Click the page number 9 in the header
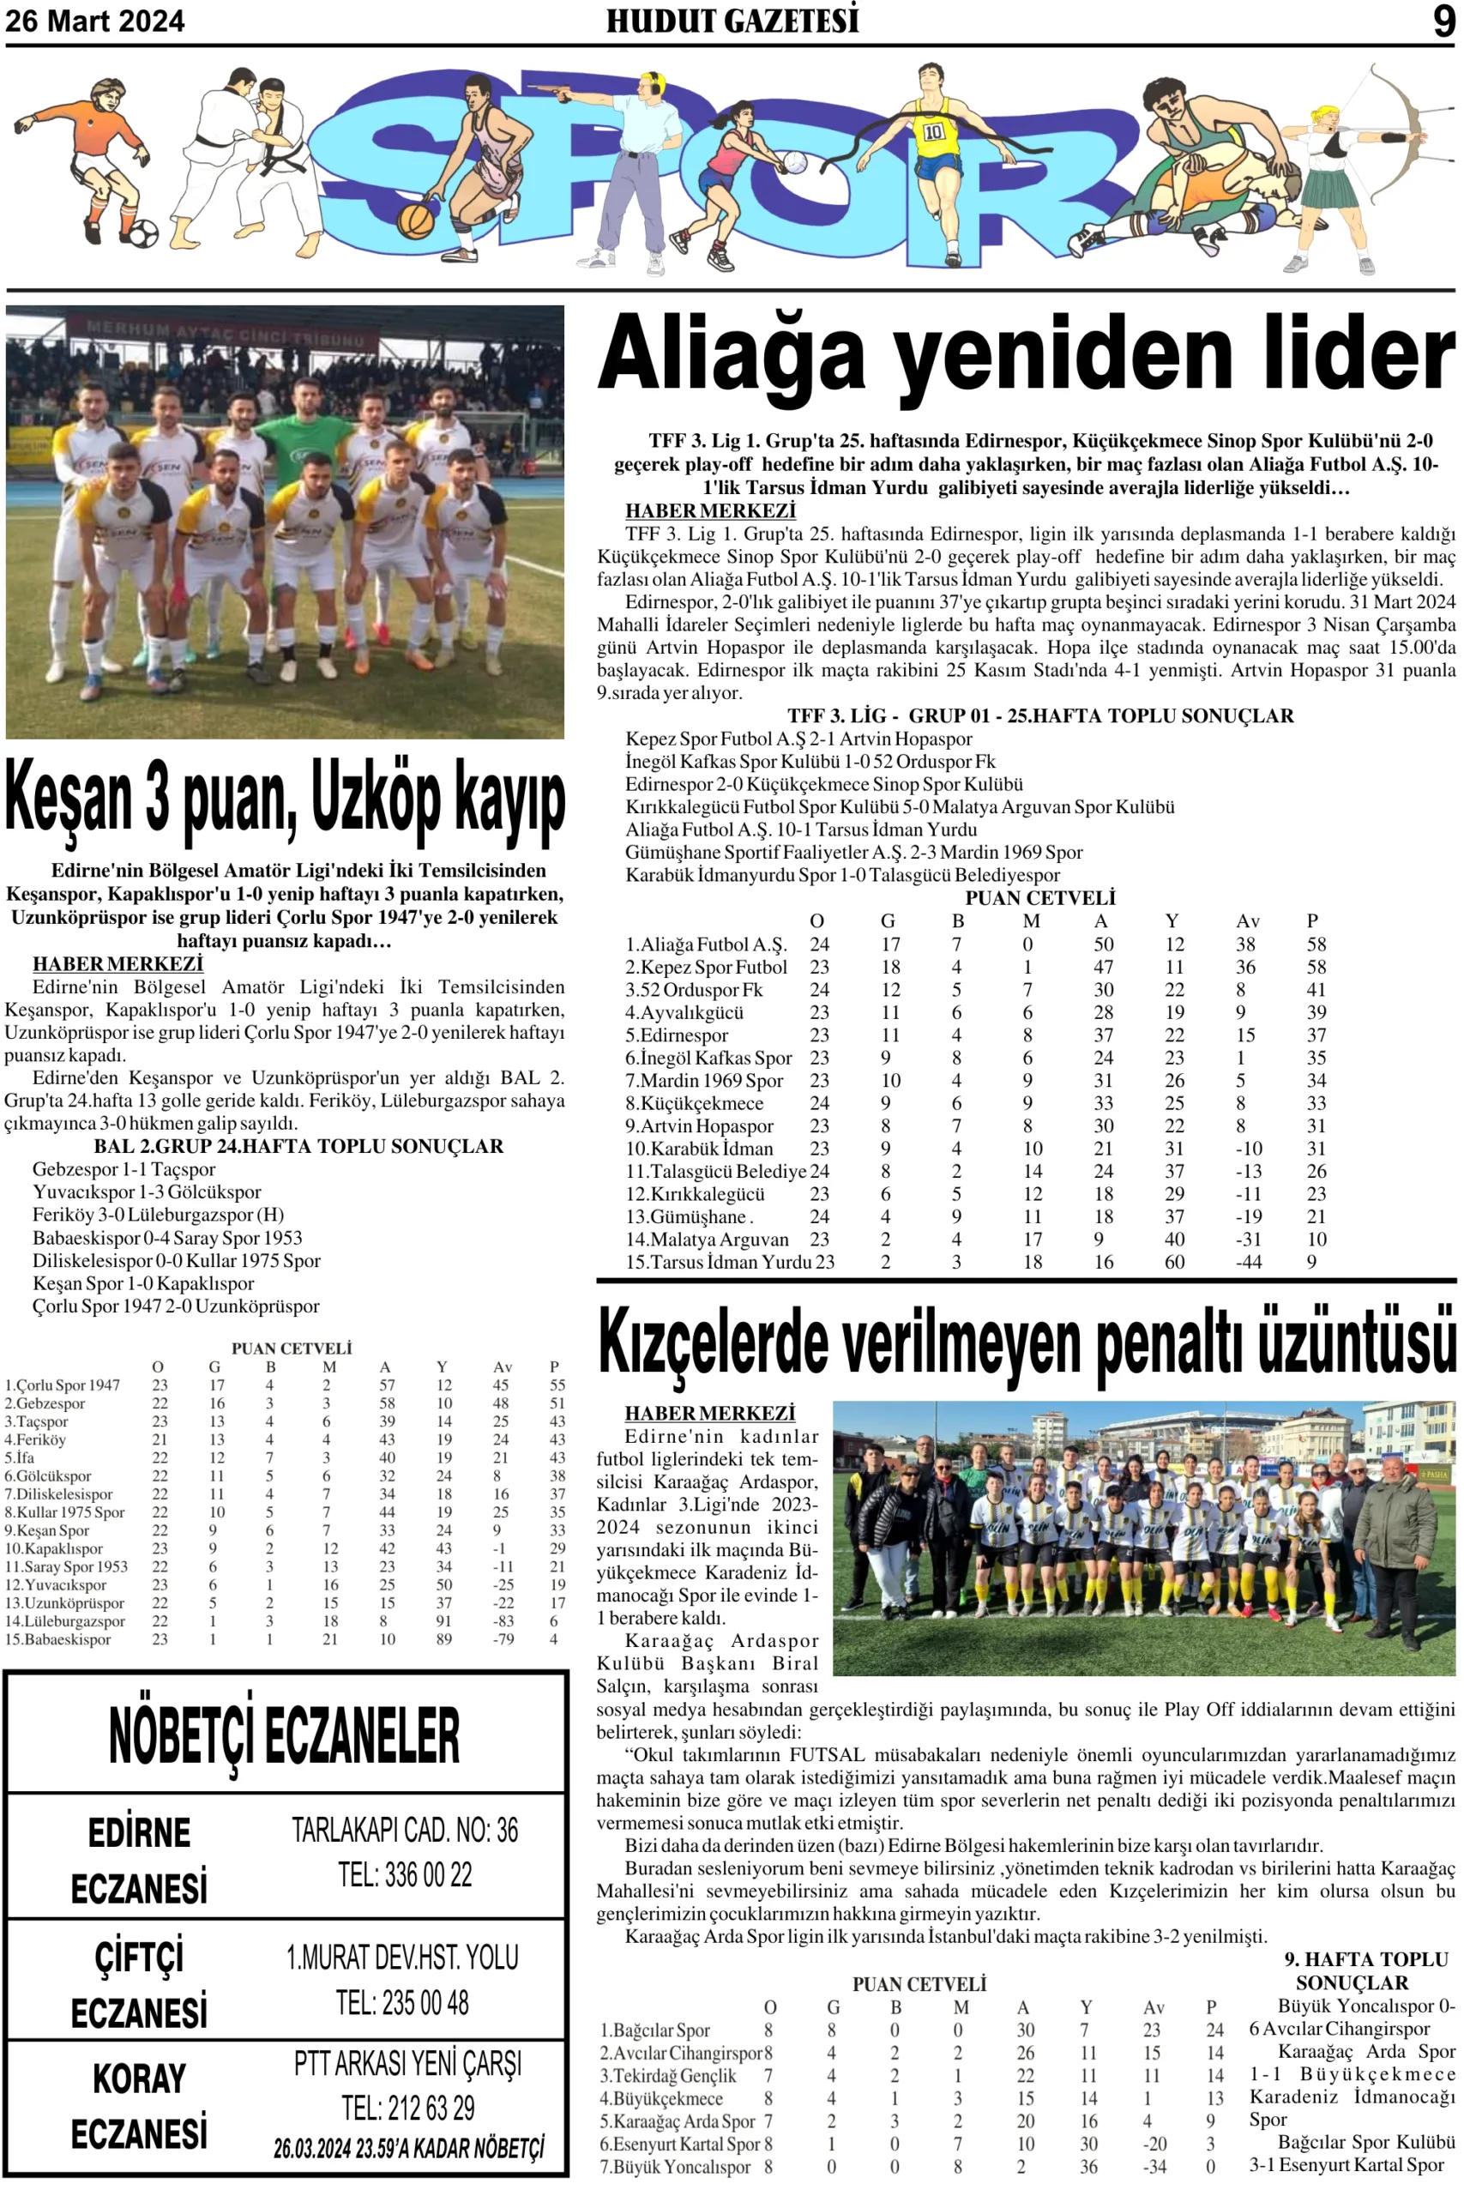(1443, 21)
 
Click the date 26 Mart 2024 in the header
(95, 21)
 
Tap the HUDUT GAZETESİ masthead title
(732, 21)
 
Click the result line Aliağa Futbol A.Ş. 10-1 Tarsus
(801, 830)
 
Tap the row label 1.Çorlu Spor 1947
(63, 1385)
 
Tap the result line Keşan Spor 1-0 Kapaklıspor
(143, 1284)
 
